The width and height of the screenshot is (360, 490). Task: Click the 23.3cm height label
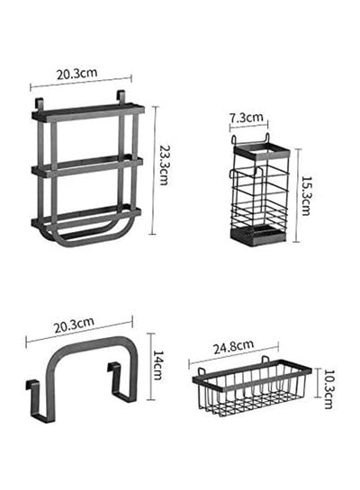[164, 165]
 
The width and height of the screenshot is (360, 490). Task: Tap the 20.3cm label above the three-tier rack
[76, 74]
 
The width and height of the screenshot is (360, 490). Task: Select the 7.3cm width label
[247, 118]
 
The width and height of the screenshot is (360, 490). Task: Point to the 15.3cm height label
[305, 196]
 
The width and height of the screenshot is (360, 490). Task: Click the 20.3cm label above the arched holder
[74, 325]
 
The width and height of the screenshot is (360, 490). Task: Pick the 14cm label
[158, 365]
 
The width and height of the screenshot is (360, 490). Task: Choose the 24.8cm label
[234, 346]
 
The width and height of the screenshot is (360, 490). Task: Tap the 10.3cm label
[328, 389]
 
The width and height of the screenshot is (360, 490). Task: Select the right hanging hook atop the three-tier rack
[121, 96]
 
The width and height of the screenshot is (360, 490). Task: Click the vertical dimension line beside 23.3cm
[153, 170]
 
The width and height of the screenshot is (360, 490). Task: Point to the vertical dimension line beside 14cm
[151, 367]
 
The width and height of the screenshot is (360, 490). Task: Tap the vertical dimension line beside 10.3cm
[318, 383]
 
